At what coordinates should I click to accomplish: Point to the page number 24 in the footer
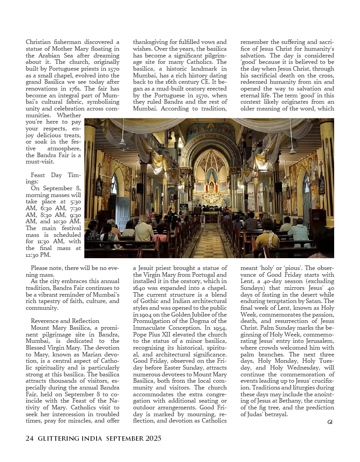coord(29,438)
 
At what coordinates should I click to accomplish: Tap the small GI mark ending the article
coord(330,422)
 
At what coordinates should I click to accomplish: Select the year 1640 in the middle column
coord(141,288)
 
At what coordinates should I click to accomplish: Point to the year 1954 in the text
coord(219,327)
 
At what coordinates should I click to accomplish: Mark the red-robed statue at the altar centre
coord(211,187)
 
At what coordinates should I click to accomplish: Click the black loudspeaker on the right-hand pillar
coord(278,187)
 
